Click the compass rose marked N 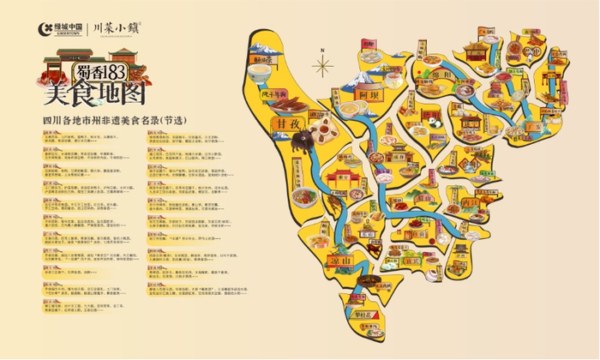pos(323,63)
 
